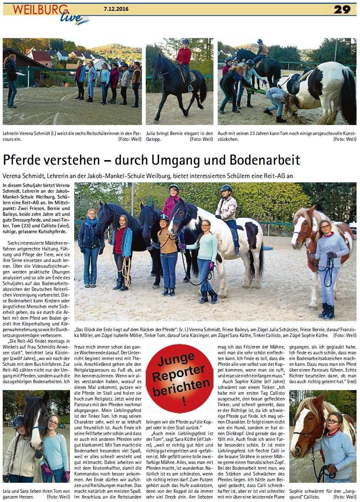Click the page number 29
[342, 10]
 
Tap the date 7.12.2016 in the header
[116, 9]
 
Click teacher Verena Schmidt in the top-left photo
[11, 81]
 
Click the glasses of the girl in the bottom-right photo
[333, 421]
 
